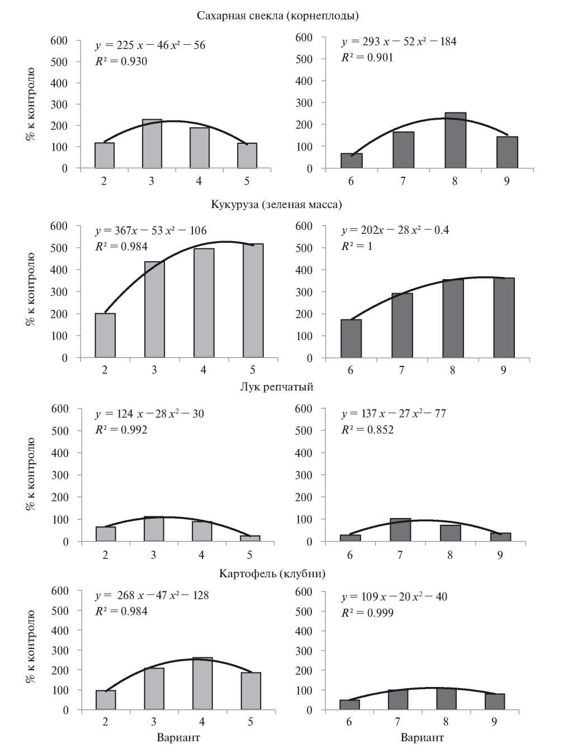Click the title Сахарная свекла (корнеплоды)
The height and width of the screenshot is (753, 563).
pyautogui.click(x=277, y=15)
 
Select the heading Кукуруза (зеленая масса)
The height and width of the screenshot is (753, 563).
pyautogui.click(x=276, y=204)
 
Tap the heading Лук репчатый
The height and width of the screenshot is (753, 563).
pyautogui.click(x=276, y=387)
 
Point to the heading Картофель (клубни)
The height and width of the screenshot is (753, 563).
pyautogui.click(x=272, y=573)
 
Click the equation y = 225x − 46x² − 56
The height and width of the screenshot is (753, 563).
pyautogui.click(x=150, y=45)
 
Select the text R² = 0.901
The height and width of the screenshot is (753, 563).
pyautogui.click(x=367, y=58)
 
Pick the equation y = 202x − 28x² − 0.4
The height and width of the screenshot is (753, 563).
pyautogui.click(x=395, y=230)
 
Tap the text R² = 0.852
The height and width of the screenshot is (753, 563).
pyautogui.click(x=367, y=430)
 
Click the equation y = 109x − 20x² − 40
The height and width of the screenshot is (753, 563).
pyautogui.click(x=394, y=596)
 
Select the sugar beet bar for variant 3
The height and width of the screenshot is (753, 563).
pyautogui.click(x=152, y=144)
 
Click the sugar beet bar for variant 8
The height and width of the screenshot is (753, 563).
pyautogui.click(x=455, y=140)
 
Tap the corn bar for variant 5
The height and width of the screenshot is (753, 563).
pyautogui.click(x=253, y=301)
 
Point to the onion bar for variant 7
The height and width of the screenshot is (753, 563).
pyautogui.click(x=400, y=530)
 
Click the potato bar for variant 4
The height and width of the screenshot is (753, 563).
pyautogui.click(x=202, y=684)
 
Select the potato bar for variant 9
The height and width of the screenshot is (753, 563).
pyautogui.click(x=494, y=702)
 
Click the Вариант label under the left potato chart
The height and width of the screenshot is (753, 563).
pyautogui.click(x=178, y=737)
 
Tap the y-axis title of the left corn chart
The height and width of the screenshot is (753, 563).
pyautogui.click(x=30, y=289)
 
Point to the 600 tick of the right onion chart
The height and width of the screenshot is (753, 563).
pyautogui.click(x=303, y=409)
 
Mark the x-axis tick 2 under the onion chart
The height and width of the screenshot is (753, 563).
pyautogui.click(x=105, y=555)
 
